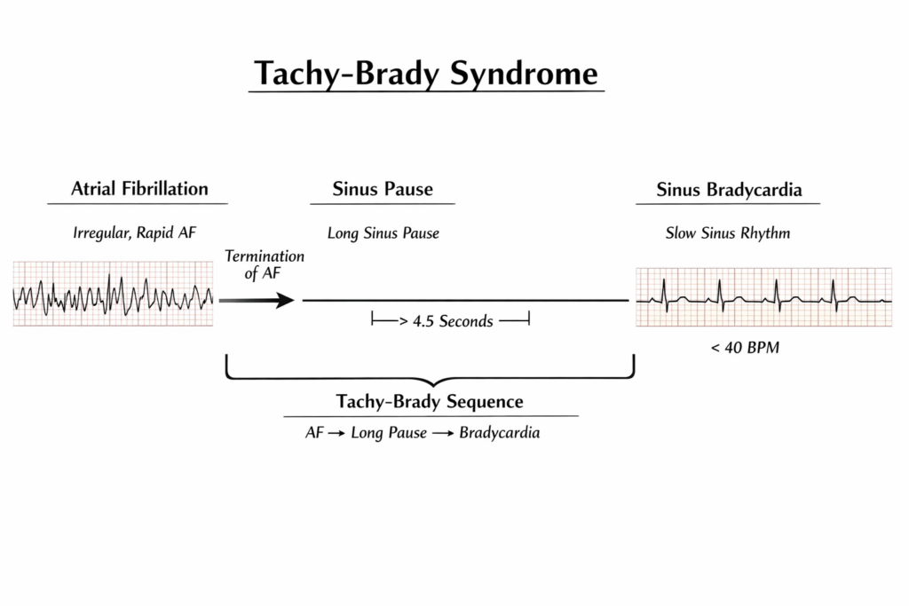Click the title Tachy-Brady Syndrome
426,75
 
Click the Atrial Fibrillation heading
139,188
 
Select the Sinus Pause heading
383,189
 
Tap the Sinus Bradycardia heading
729,190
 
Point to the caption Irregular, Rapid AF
135,232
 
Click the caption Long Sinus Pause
383,233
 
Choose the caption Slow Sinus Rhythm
728,232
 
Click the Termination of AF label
265,264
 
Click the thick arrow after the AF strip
257,300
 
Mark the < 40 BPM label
745,348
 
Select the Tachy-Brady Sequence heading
430,402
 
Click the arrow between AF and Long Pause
336,433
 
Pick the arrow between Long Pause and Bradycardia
443,433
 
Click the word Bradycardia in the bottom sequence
500,433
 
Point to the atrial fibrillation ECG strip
113,294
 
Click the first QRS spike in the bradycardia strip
664,295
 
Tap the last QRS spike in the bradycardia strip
834,295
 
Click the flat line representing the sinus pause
465,300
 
